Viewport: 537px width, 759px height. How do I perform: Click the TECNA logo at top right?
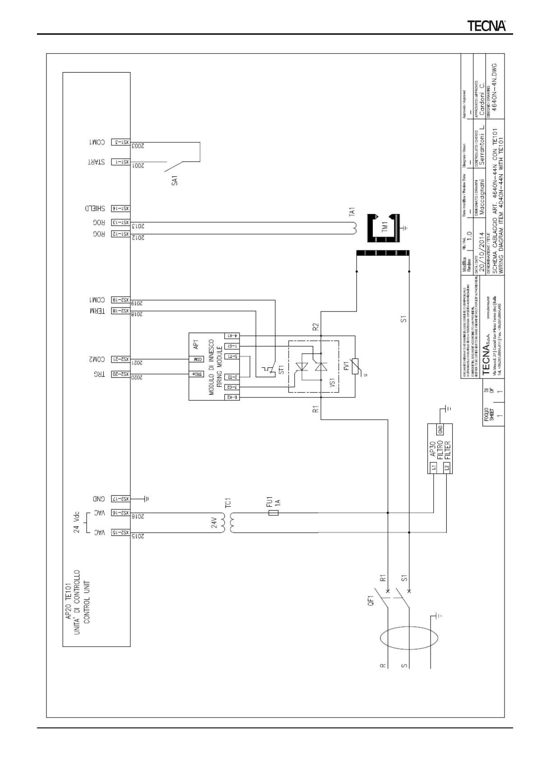tap(486, 26)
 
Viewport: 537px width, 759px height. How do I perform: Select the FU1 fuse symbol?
tap(273, 513)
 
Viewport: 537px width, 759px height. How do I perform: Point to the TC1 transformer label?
tap(228, 503)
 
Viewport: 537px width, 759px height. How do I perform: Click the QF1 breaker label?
tap(371, 600)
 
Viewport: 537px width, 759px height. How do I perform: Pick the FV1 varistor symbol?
tap(355, 366)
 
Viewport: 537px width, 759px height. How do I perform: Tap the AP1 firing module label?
tap(196, 345)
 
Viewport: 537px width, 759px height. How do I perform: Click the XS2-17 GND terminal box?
tap(120, 499)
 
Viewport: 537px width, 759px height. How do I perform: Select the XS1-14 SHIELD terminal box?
tap(120, 208)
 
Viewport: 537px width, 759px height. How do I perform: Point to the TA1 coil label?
tap(352, 212)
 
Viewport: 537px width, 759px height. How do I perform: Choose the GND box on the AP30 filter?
tap(440, 429)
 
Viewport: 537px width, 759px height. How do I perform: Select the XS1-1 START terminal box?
tap(120, 161)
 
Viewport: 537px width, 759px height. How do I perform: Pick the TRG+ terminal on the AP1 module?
tap(197, 374)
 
